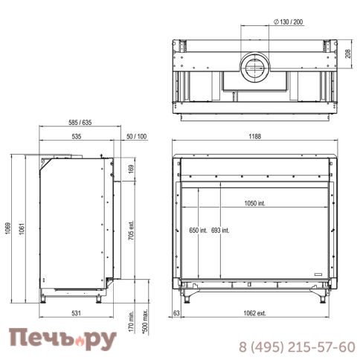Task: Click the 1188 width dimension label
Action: point(255,136)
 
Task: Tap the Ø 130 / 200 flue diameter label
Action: point(289,22)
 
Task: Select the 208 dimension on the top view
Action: point(348,54)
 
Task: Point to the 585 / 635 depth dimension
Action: point(80,122)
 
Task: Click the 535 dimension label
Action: point(77,136)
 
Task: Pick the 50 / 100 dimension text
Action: point(136,136)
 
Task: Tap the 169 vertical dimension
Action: point(131,169)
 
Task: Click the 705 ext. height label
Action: point(131,230)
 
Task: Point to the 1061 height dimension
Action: point(22,229)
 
